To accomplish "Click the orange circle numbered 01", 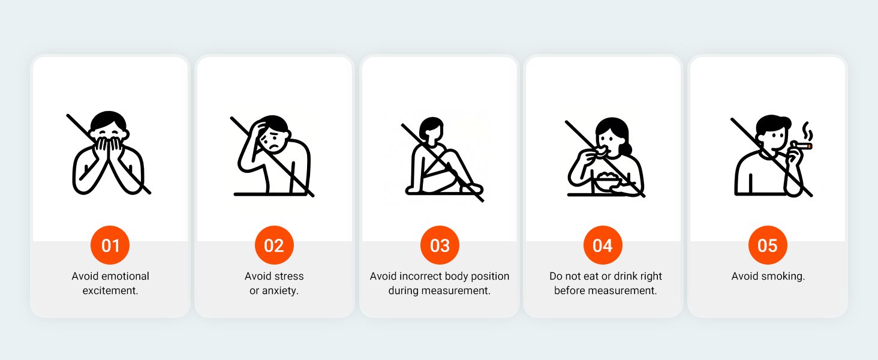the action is click(110, 245).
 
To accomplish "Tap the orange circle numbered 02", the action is click(274, 245).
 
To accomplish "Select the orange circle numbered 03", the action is click(440, 245).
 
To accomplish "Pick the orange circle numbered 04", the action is click(603, 245).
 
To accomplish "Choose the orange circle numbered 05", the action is click(768, 245).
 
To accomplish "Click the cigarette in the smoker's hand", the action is click(801, 146).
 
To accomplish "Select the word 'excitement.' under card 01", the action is click(110, 290).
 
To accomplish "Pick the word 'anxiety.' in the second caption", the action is click(280, 291).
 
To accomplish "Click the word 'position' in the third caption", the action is click(490, 277).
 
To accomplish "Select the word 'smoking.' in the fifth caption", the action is click(783, 277).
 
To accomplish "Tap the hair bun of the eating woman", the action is click(626, 149).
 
